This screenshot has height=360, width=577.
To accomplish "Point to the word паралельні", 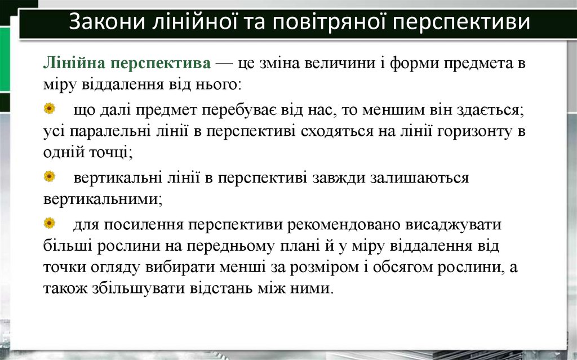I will (x=106, y=132).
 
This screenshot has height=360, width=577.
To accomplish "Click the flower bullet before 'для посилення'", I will (x=50, y=224).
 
